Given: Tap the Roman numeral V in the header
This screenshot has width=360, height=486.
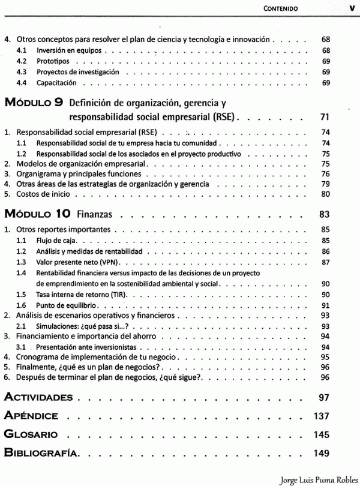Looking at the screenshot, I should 351,8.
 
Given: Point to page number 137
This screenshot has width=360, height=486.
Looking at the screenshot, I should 323,415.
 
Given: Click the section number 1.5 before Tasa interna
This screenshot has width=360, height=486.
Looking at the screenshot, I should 22,295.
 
